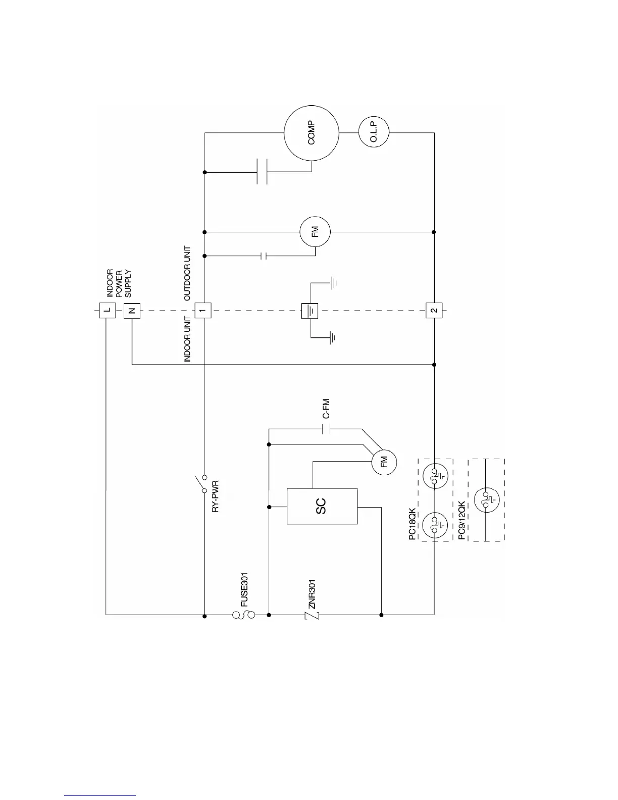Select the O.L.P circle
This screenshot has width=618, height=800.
click(374, 132)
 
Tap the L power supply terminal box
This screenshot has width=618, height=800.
click(107, 310)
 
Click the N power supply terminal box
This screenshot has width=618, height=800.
click(132, 310)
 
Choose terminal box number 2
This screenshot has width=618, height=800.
click(434, 310)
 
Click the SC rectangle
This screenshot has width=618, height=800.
click(322, 506)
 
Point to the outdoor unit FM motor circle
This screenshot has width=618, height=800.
click(316, 232)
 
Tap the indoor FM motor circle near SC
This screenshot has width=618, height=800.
click(384, 462)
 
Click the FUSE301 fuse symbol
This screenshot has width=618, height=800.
click(243, 615)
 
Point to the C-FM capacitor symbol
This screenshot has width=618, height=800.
click(326, 430)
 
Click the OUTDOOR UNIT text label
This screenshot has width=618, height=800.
click(187, 273)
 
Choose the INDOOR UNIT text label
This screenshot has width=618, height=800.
click(187, 339)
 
